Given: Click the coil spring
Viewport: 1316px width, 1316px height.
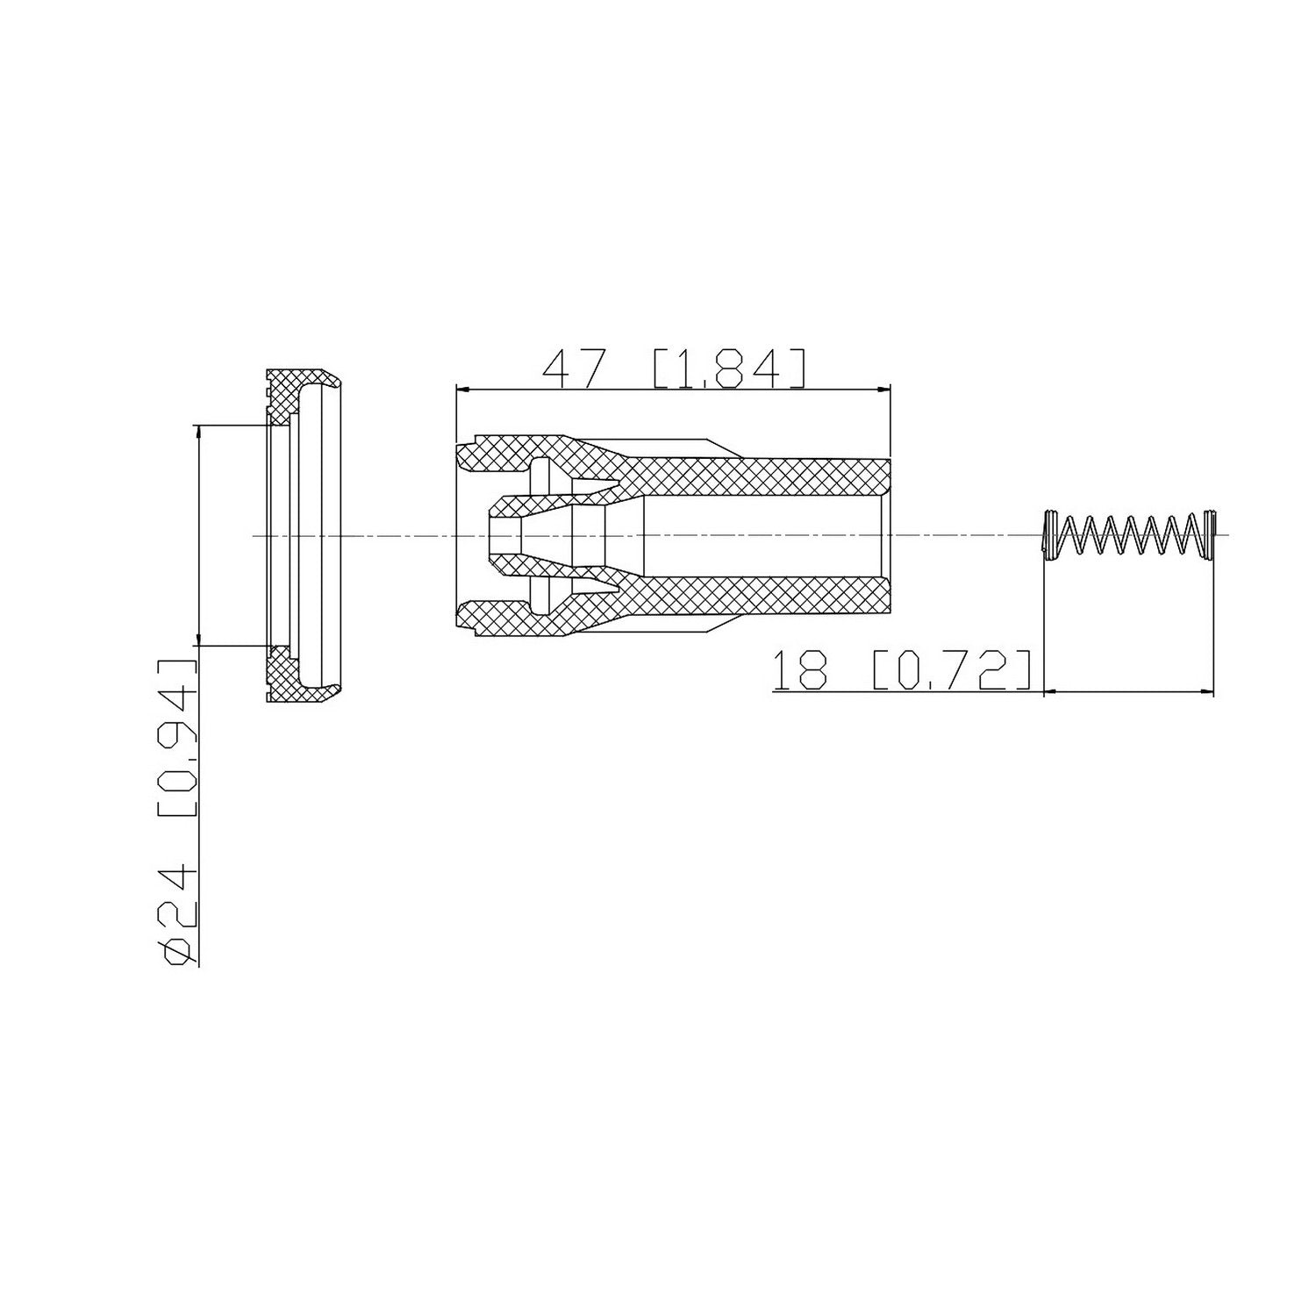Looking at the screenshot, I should [x=1130, y=534].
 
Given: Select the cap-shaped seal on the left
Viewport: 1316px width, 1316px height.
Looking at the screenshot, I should [x=303, y=535].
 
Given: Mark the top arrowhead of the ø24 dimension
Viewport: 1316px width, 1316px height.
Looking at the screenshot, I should [x=200, y=433].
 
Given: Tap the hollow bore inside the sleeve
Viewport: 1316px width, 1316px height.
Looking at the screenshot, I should [x=763, y=534].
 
